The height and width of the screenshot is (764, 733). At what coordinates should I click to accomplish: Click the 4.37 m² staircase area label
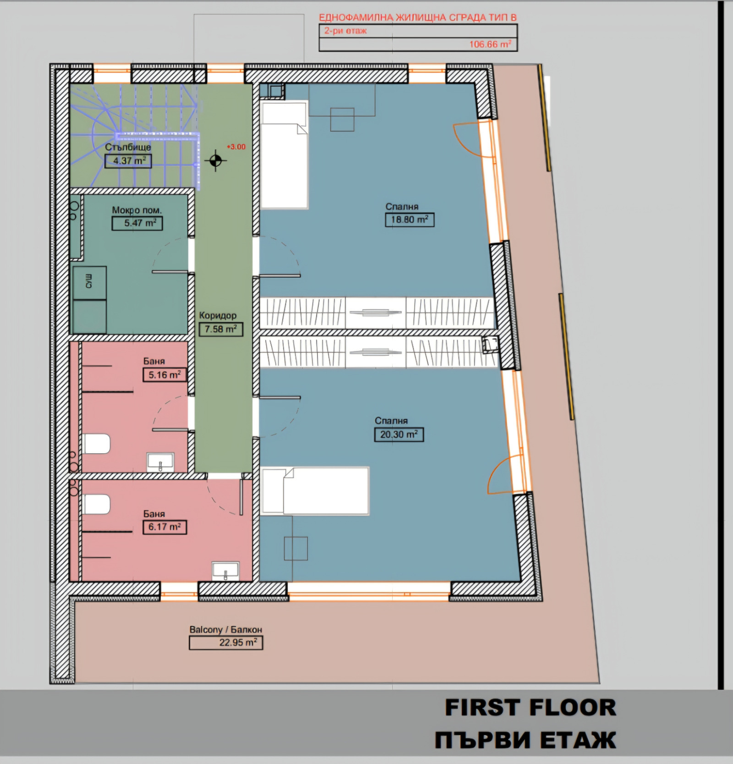pos(128,161)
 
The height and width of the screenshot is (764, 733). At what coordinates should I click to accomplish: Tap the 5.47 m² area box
pos(137,223)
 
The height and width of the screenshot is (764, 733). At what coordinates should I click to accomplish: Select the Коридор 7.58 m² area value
pos(221,329)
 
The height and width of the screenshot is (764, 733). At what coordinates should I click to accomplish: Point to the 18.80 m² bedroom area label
pos(410,220)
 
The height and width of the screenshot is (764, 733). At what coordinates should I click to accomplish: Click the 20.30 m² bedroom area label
pos(399,434)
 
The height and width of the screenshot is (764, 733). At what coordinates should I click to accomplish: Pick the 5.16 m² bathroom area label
pos(164,375)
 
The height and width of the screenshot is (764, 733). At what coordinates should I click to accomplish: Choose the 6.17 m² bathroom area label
pos(164,527)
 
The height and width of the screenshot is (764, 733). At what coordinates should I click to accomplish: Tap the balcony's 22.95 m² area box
pos(226,643)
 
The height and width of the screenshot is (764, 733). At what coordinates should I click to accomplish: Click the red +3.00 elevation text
pos(236,147)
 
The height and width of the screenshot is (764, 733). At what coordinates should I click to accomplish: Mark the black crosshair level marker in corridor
pos(216,160)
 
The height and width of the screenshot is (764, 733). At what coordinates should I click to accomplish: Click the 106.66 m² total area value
pos(490,44)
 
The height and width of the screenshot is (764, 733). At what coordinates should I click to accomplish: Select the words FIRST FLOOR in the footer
pos(531,707)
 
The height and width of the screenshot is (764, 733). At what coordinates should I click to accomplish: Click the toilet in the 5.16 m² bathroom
pos(96,444)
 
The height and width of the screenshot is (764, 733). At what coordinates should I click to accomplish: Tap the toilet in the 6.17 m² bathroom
pos(96,504)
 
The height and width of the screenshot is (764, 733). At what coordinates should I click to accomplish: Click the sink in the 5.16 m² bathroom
pos(160,462)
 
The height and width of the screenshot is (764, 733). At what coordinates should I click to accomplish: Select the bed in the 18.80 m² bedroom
pos(284,155)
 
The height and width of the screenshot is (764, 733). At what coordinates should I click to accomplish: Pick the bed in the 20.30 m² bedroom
pos(315,491)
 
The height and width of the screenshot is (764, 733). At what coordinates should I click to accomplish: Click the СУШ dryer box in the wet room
pos(89,283)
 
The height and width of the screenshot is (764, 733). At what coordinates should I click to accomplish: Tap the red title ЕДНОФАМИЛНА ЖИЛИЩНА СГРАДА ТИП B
pos(418,17)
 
